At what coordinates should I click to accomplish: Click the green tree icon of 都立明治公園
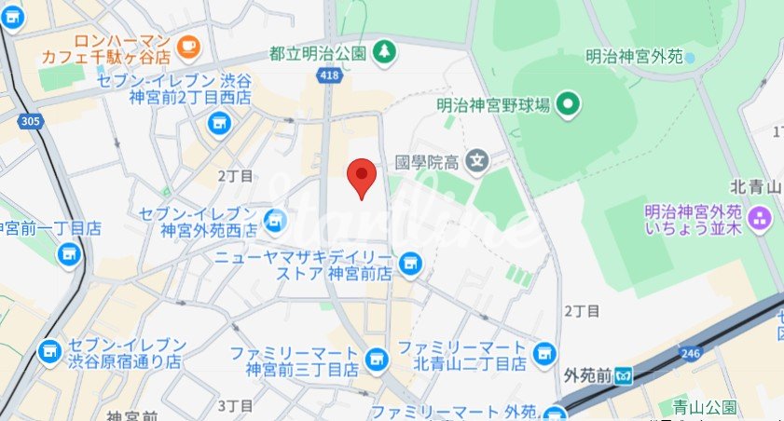pos(382,54)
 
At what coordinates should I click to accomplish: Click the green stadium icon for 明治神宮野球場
pos(568,104)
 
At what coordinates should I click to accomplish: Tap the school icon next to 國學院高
pos(477,161)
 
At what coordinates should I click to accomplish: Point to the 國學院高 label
pos(427,161)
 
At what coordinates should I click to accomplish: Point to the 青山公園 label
pos(706,407)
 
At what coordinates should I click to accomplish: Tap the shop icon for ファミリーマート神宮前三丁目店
pos(376,357)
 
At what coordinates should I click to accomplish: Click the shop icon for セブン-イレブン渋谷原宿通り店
pos(48,352)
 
